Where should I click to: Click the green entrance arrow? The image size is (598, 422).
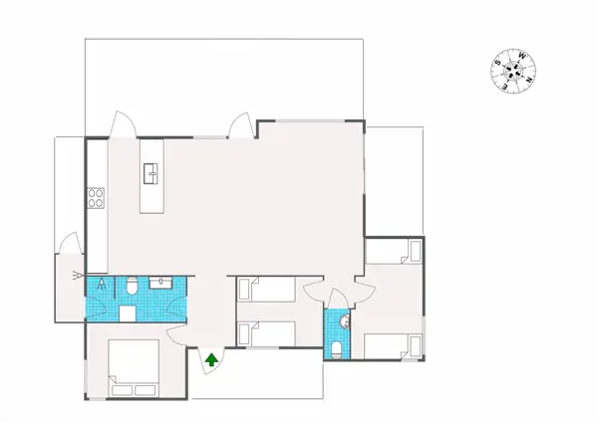tap(211, 359)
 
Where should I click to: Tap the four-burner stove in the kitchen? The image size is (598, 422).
tap(97, 198)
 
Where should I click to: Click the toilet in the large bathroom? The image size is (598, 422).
tap(131, 288)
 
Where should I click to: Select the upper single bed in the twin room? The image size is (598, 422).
tap(267, 290)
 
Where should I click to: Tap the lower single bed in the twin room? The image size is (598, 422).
tap(267, 333)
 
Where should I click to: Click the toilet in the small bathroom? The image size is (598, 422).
tap(338, 348)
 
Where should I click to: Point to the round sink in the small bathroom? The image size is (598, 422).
tap(344, 320)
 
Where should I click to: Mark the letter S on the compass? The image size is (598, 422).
tap(497, 64)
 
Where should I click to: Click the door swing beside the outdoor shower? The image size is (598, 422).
tap(68, 243)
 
